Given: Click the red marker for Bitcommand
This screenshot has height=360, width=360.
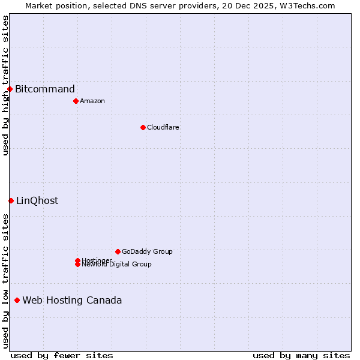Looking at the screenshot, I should click(10, 89).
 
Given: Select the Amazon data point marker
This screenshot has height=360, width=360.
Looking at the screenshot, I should click(76, 101).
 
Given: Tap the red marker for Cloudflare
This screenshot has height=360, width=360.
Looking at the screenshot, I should click(143, 127).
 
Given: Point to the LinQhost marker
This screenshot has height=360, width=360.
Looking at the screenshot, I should click(11, 200).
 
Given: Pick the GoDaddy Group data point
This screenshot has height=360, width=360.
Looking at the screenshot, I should click(118, 251).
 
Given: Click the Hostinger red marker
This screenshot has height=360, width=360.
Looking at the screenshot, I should click(77, 260).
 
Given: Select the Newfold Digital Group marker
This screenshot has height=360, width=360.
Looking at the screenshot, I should click(77, 265).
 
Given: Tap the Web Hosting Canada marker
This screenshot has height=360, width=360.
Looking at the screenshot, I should click(17, 300).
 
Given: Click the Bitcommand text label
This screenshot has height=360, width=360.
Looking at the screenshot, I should click(45, 89).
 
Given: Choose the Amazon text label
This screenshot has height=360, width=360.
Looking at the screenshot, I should click(92, 101).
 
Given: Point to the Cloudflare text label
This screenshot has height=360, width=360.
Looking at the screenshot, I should click(163, 127).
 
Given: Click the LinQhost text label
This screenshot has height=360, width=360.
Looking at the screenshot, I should click(37, 200).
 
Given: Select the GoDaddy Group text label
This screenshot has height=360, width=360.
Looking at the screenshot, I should click(147, 251).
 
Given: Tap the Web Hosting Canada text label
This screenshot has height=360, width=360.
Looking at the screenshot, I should click(72, 300).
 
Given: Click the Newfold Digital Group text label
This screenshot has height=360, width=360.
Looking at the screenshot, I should click(117, 265).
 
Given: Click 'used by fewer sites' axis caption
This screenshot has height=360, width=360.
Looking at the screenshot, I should click(62, 355).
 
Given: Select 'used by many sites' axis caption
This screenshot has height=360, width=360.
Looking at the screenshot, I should click(301, 355).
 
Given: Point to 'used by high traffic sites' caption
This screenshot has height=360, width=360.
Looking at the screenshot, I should click(5, 85).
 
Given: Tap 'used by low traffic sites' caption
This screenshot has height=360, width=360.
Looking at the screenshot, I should click(5, 281).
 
